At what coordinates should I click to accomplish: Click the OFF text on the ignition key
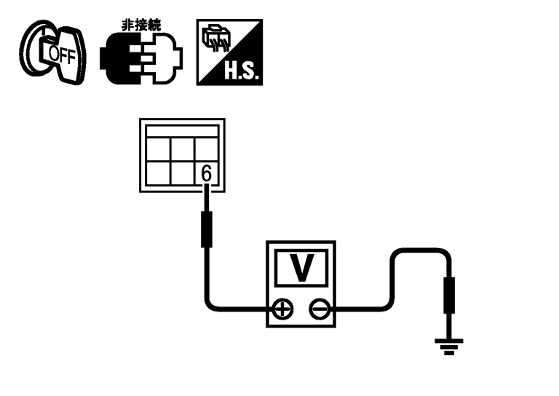click(62, 55)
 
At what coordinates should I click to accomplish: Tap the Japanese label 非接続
click(141, 25)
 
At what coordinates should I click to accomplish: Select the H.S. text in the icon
click(241, 71)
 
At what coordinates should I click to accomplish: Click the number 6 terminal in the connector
click(206, 173)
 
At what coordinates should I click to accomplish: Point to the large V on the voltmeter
click(301, 267)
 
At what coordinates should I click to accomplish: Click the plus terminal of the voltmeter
click(282, 309)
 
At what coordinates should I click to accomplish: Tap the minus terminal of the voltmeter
click(320, 309)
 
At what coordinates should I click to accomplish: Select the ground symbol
click(449, 346)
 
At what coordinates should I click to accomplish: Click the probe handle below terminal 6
click(207, 229)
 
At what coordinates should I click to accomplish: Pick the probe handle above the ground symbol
click(449, 295)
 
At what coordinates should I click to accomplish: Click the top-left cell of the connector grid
click(158, 149)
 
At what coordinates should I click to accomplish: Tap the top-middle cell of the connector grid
click(182, 149)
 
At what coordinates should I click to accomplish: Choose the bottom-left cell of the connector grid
click(158, 173)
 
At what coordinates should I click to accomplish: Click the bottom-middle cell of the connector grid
click(182, 173)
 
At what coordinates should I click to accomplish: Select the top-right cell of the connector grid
click(206, 149)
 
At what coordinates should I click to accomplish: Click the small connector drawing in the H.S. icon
click(215, 38)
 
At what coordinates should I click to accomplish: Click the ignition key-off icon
click(52, 52)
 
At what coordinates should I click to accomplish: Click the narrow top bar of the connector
click(182, 131)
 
